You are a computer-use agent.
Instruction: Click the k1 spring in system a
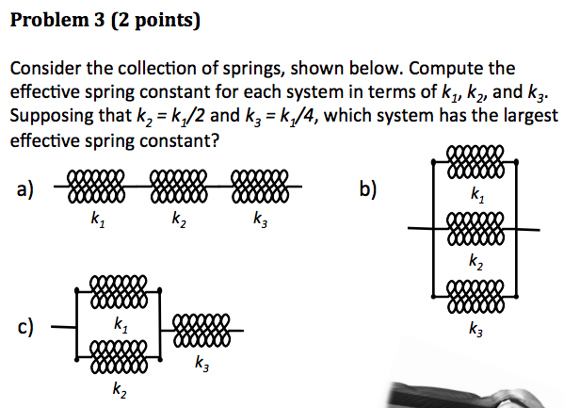click(x=96, y=187)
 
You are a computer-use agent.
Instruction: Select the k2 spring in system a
click(x=179, y=187)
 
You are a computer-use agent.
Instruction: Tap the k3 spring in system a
click(x=260, y=187)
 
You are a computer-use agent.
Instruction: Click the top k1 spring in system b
click(x=475, y=162)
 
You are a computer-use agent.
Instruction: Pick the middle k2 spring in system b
click(x=475, y=228)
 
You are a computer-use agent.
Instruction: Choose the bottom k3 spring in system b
click(x=475, y=297)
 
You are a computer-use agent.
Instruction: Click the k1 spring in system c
click(x=119, y=291)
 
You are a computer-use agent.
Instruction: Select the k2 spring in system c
click(x=119, y=357)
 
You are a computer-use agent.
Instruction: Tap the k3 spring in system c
click(x=201, y=330)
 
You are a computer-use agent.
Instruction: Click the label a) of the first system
click(x=25, y=189)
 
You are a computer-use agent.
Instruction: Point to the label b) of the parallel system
click(x=368, y=188)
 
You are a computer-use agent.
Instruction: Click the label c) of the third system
click(x=25, y=327)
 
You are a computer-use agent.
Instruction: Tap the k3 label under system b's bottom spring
click(x=475, y=329)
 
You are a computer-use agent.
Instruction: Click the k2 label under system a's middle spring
click(x=179, y=220)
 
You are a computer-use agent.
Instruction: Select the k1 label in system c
click(x=121, y=325)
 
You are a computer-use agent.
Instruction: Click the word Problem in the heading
click(x=50, y=20)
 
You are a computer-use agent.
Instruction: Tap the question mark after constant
click(x=215, y=140)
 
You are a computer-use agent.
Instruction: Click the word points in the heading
click(x=164, y=21)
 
